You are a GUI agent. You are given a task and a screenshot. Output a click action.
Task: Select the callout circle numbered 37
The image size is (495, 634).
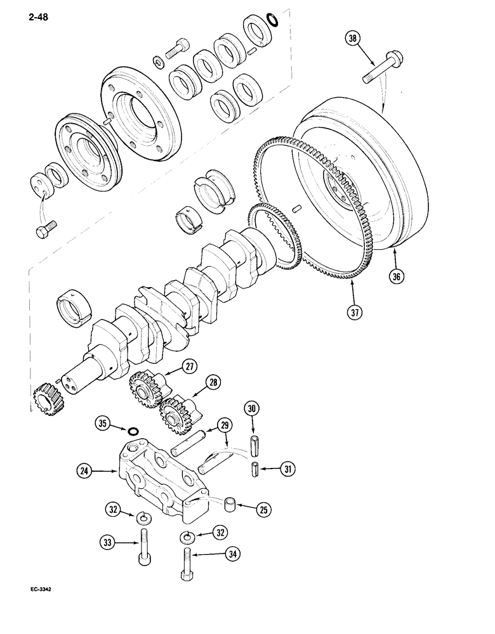pos(355,312)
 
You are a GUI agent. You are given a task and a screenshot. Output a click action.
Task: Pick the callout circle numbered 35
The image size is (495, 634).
pos(107,424)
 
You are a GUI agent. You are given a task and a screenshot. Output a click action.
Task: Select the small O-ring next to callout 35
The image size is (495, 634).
pos(133,431)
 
